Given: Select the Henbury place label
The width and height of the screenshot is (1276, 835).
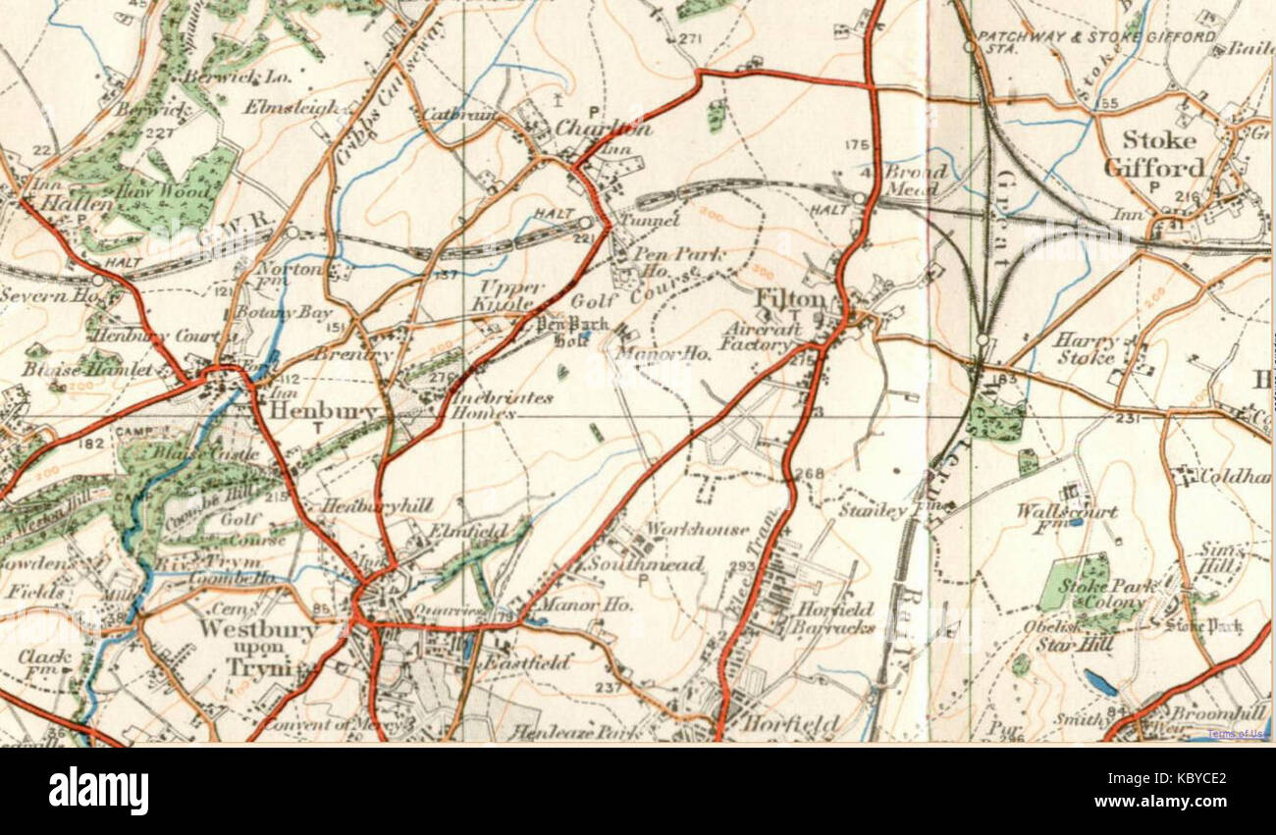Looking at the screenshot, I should (309, 412).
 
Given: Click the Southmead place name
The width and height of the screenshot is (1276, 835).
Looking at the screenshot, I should (645, 564).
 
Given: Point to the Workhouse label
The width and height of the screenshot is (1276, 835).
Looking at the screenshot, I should (696, 529).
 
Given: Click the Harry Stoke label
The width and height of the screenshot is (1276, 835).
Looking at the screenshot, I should (1087, 348).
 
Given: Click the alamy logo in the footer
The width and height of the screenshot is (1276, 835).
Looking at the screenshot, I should (98, 791).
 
